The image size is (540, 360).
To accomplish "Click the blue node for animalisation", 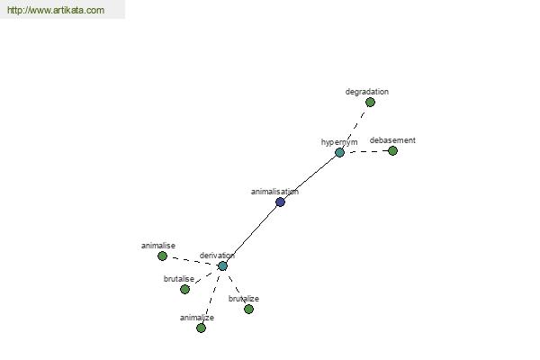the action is pyautogui.click(x=280, y=202).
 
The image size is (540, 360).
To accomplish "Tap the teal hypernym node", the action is pyautogui.click(x=339, y=152).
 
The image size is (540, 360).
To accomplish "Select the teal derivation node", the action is pyautogui.click(x=222, y=266).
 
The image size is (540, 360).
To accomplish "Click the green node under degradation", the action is pyautogui.click(x=370, y=102).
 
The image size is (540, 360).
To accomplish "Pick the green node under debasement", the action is pyautogui.click(x=392, y=150).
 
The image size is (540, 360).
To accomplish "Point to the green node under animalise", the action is pyautogui.click(x=162, y=256).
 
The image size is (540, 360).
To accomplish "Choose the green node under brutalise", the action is pyautogui.click(x=184, y=289).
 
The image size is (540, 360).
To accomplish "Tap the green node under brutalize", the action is pyautogui.click(x=248, y=309).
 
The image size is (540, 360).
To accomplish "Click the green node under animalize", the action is pyautogui.click(x=201, y=328).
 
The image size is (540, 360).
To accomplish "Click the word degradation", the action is pyautogui.click(x=367, y=92).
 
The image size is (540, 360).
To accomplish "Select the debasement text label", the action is pyautogui.click(x=392, y=140).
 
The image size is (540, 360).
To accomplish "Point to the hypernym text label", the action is pyautogui.click(x=339, y=142).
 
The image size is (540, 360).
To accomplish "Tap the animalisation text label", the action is pyautogui.click(x=274, y=192).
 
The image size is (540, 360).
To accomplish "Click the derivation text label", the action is pyautogui.click(x=217, y=256).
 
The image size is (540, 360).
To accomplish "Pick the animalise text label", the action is pyautogui.click(x=158, y=246).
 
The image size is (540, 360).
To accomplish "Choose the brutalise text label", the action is pyautogui.click(x=179, y=279).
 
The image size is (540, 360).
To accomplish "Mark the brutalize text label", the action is pyautogui.click(x=244, y=299).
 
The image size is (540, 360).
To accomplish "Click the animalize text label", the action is pyautogui.click(x=196, y=318).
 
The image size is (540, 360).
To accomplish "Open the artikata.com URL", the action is pyautogui.click(x=56, y=10).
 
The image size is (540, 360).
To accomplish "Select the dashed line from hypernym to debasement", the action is pyautogui.click(x=366, y=151).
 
